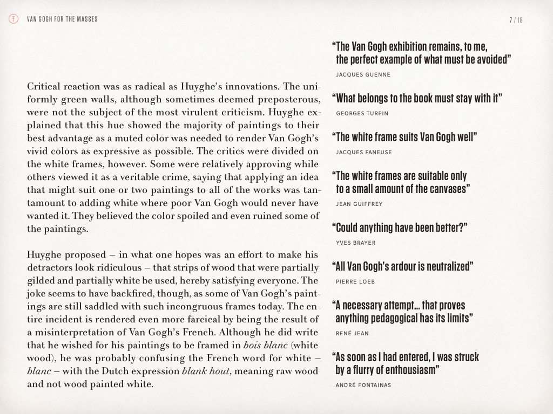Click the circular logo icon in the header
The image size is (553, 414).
click(x=14, y=20)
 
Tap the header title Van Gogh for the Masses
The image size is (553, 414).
click(x=62, y=20)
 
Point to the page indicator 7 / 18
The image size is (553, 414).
click(x=516, y=20)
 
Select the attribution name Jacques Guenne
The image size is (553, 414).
click(x=363, y=74)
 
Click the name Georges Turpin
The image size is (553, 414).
click(x=362, y=113)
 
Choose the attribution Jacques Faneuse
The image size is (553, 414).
click(x=363, y=152)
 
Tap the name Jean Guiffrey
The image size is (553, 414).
click(x=359, y=204)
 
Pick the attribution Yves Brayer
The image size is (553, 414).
click(x=355, y=243)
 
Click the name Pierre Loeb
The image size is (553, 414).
click(x=355, y=281)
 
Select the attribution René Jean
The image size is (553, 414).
click(x=352, y=333)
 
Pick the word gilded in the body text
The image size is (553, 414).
click(x=41, y=281)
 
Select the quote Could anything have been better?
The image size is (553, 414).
click(x=400, y=227)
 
